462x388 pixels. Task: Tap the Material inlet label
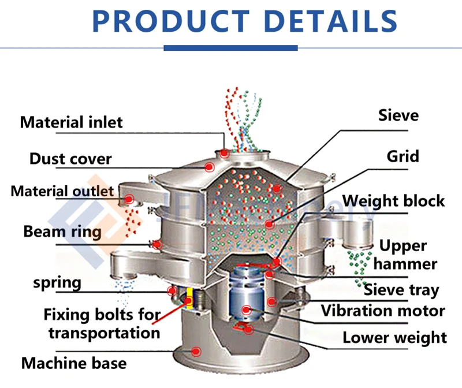[71, 122]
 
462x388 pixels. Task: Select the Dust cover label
[70, 158]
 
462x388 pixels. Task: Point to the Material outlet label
[62, 191]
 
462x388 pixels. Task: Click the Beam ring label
[62, 232]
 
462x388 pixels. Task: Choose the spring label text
[57, 283]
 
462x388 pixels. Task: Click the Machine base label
[74, 363]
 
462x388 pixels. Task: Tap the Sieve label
[398, 115]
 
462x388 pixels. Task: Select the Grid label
[403, 156]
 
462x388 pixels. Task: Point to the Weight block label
[393, 200]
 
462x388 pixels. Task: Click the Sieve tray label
[401, 290]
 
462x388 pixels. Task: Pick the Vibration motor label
[383, 311]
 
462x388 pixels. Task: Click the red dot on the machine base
[196, 350]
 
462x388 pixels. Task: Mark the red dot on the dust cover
[209, 166]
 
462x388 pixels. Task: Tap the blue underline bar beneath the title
[230, 48]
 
